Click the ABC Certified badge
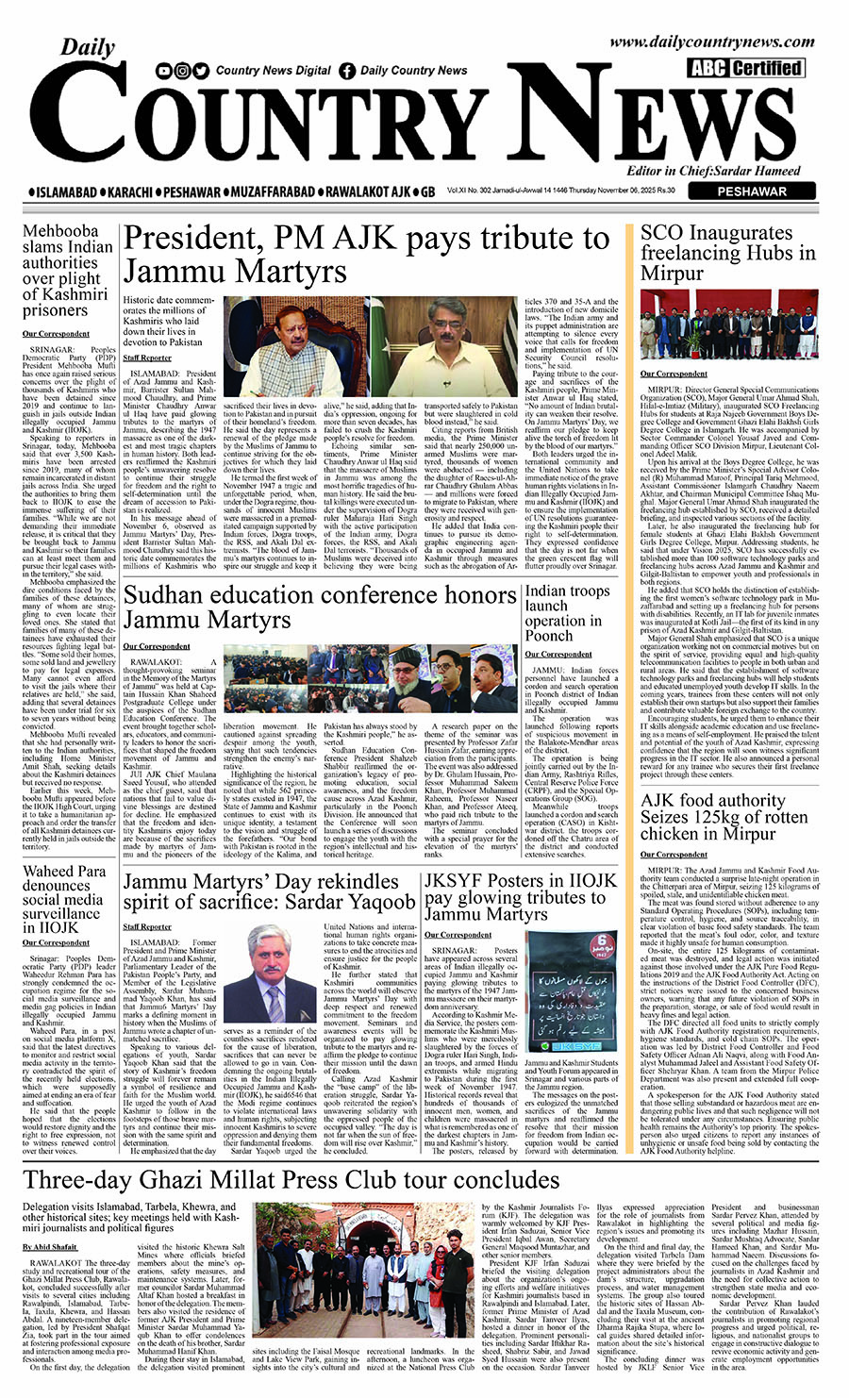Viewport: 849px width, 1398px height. click(745, 68)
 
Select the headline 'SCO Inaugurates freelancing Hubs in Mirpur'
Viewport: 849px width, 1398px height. click(727, 253)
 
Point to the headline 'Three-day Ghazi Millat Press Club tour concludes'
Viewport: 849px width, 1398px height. click(291, 1181)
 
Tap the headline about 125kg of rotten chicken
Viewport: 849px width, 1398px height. click(724, 817)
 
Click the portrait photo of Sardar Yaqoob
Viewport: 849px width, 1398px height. click(281, 991)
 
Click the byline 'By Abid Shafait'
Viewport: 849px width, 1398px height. click(50, 1247)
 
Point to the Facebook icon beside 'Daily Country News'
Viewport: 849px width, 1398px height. click(347, 71)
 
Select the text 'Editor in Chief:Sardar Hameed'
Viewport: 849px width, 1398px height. click(713, 171)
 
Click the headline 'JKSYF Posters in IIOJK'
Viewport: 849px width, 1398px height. click(520, 896)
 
